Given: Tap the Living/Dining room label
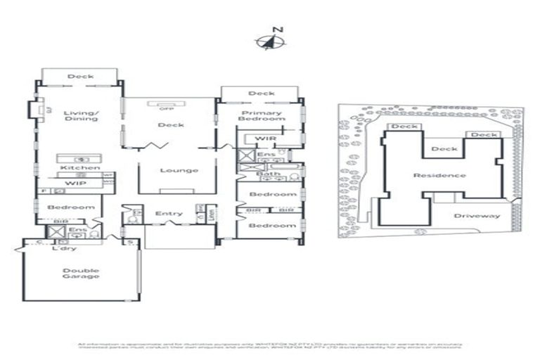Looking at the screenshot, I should tap(80, 115).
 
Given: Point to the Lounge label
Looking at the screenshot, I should tap(179, 170).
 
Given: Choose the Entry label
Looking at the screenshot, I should tap(169, 214).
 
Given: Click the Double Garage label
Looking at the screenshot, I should tap(81, 274).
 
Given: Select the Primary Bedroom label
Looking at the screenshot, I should tap(262, 116).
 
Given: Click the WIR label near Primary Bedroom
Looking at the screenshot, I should tap(264, 139).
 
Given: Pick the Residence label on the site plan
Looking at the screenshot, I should tap(439, 175).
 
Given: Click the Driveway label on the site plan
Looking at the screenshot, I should tap(476, 216).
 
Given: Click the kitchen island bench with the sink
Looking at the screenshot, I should tap(79, 159).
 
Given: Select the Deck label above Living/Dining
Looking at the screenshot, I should tap(80, 76).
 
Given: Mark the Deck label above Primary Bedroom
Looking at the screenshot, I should tap(261, 94).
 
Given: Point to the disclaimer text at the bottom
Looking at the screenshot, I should tap(269, 345).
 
